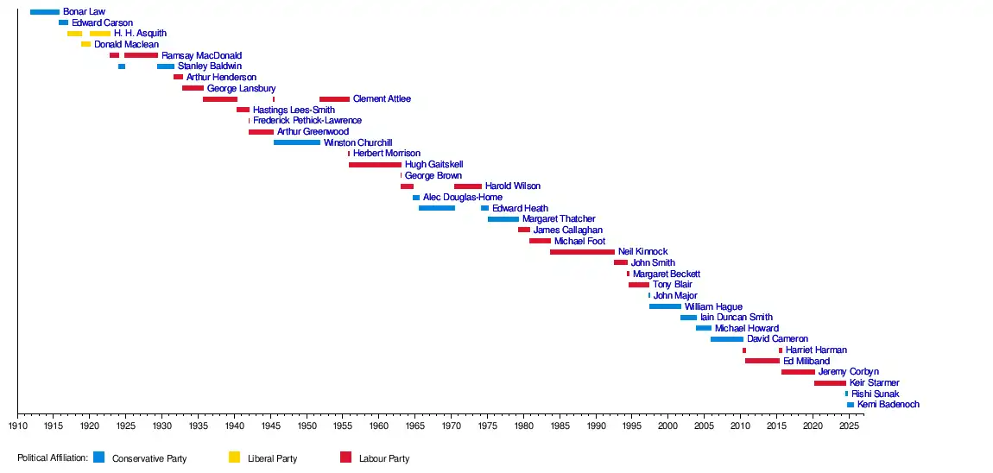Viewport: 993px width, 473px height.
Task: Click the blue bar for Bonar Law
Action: (44, 12)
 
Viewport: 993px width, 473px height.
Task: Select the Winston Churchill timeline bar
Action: (296, 142)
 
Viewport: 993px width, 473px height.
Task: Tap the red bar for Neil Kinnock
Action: (582, 252)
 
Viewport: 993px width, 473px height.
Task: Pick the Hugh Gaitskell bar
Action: (375, 164)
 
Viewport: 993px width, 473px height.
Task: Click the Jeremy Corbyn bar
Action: (798, 372)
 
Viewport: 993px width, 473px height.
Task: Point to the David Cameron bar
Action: (726, 339)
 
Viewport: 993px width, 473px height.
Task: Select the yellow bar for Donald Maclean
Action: (85, 44)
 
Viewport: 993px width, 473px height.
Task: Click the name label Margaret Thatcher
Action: (559, 219)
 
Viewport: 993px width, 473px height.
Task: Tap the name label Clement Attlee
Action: (382, 99)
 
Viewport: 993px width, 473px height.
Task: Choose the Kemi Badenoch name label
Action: (888, 405)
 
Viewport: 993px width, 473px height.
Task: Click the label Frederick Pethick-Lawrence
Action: (307, 121)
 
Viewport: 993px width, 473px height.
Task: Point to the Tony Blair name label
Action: (672, 285)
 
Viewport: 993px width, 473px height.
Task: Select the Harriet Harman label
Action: (816, 350)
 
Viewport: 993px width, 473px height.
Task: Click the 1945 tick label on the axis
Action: (270, 426)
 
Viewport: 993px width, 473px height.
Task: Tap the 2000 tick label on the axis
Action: (667, 426)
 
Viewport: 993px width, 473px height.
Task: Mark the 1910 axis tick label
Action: (17, 426)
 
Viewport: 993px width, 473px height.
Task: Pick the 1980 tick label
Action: (523, 426)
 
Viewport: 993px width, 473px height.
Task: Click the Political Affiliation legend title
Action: (53, 458)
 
